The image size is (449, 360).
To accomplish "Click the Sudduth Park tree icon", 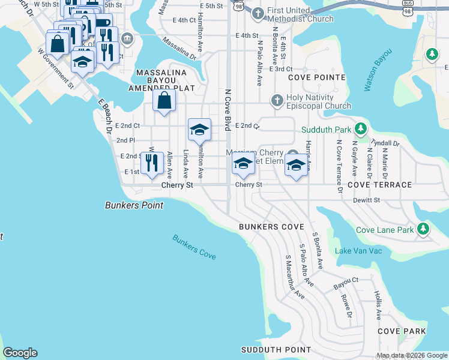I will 360,129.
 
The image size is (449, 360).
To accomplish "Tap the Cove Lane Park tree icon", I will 424,229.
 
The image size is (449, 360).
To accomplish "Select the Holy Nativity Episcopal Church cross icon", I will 277,100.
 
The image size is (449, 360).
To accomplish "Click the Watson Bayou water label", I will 377,71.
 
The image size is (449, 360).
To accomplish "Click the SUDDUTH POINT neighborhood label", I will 276,350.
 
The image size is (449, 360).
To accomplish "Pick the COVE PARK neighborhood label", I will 402,331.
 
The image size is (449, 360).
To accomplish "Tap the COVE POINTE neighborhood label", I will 317,77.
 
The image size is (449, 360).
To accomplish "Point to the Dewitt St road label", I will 366,200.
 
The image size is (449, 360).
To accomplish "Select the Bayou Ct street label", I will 346,280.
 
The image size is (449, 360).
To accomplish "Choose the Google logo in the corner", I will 20,353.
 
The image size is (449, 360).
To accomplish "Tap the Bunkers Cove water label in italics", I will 194,247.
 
